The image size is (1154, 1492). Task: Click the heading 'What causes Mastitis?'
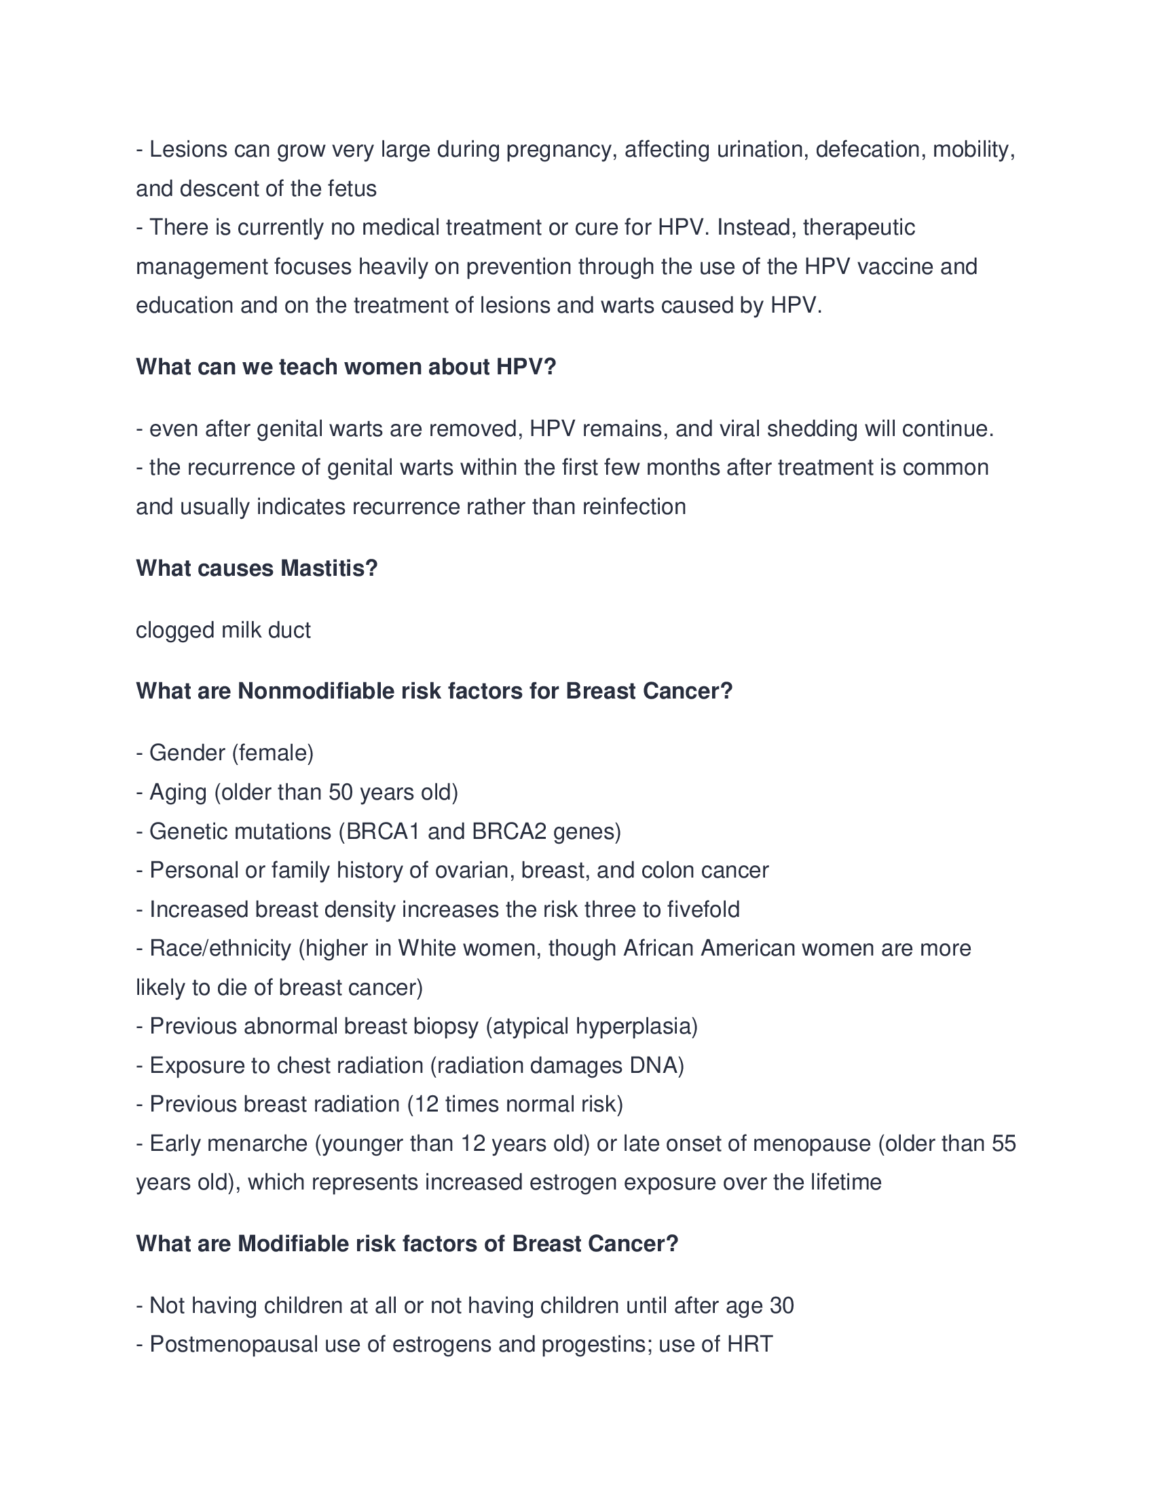point(257,568)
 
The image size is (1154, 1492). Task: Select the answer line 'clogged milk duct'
point(223,630)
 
